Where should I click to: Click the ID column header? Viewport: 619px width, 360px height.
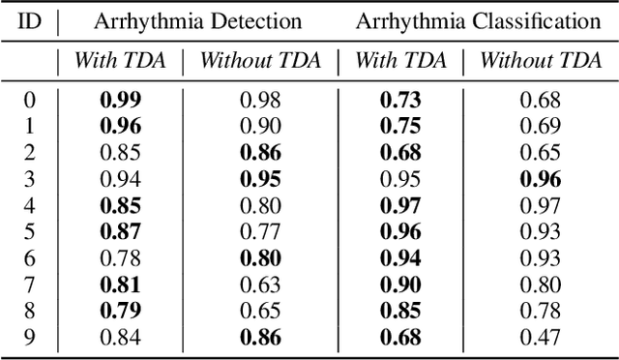click(x=30, y=20)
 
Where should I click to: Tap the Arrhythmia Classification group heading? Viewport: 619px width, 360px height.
click(x=476, y=20)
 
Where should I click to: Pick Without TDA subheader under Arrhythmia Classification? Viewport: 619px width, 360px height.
click(x=541, y=60)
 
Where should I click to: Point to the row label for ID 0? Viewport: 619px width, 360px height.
click(x=30, y=100)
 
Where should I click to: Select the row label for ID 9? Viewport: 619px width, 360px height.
click(x=30, y=335)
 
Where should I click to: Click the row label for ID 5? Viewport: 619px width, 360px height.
click(x=30, y=230)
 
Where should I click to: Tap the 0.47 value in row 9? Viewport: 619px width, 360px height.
click(x=541, y=335)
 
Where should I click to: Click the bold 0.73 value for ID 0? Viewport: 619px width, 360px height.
click(x=400, y=100)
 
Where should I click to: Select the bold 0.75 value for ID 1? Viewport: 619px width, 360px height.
click(x=400, y=126)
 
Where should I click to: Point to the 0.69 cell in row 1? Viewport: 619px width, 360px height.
click(x=541, y=126)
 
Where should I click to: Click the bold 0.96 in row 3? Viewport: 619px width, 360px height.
click(x=541, y=178)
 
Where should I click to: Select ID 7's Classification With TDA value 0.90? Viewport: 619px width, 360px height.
click(x=400, y=283)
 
